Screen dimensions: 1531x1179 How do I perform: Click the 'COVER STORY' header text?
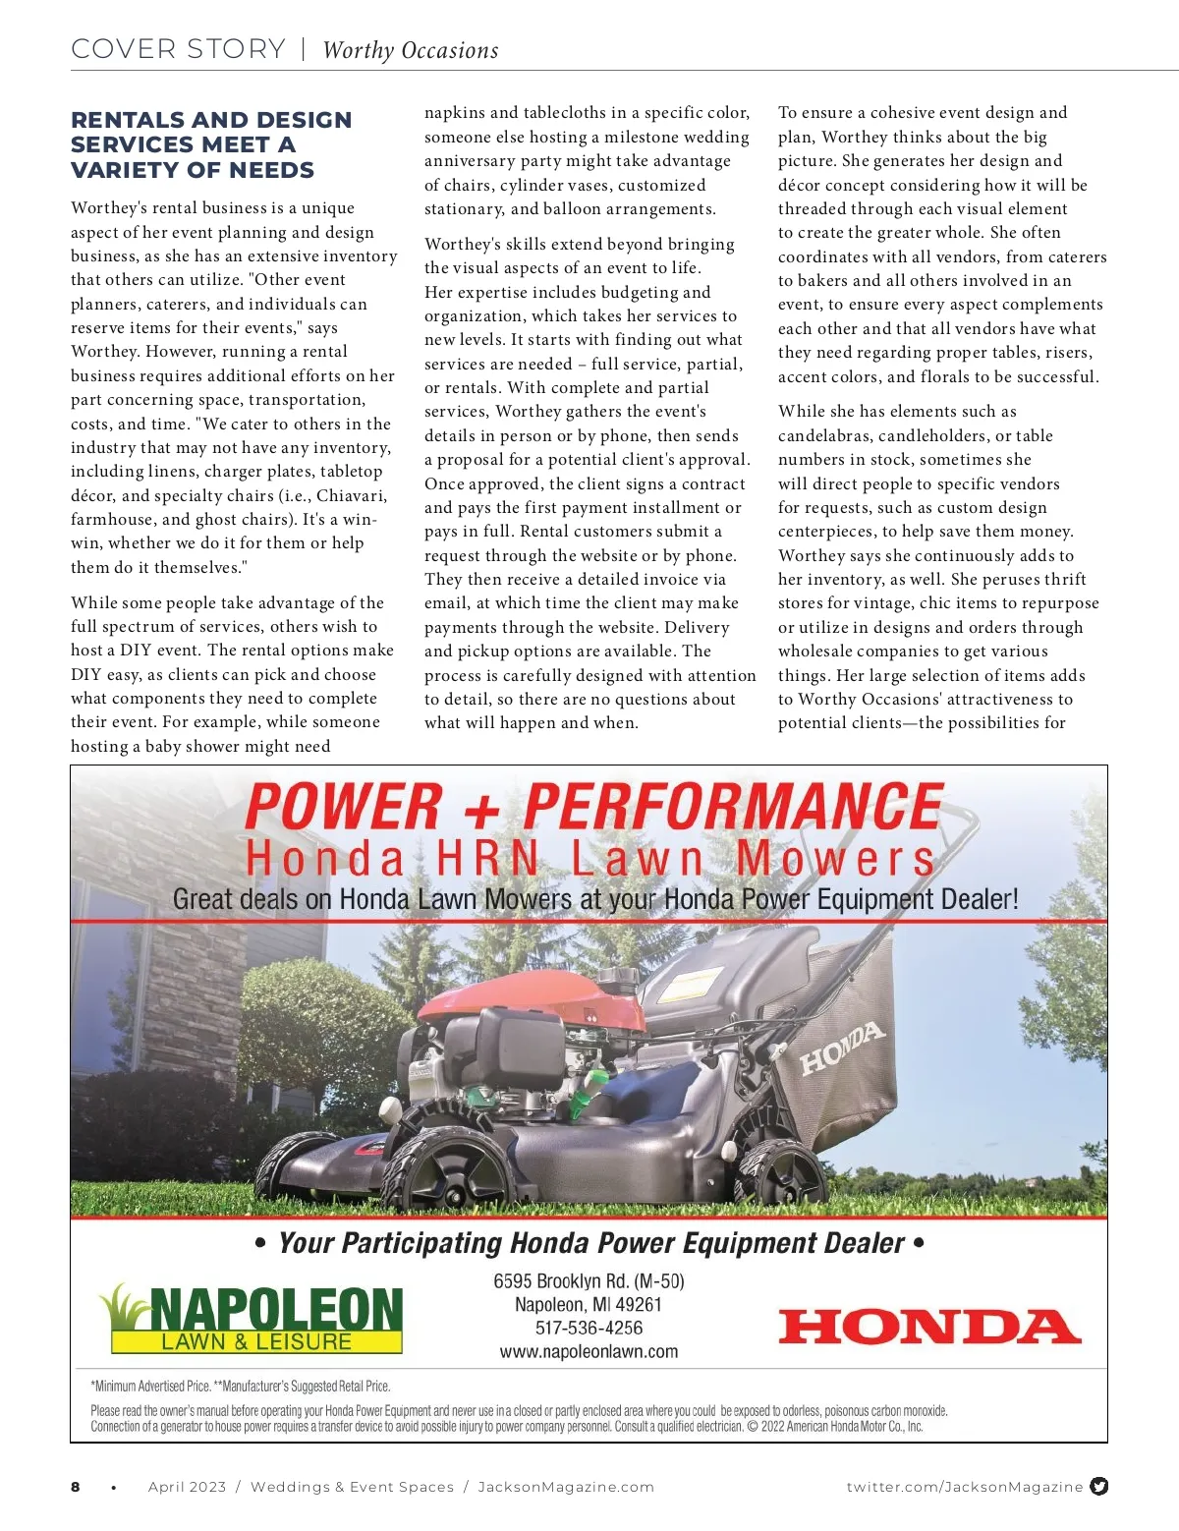pyautogui.click(x=178, y=49)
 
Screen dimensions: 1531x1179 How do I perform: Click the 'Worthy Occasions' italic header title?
pyautogui.click(x=411, y=50)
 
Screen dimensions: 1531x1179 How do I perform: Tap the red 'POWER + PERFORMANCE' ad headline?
pyautogui.click(x=593, y=807)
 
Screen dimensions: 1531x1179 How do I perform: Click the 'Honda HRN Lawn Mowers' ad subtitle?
pyautogui.click(x=589, y=859)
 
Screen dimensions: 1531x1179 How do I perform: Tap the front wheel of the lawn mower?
pyautogui.click(x=446, y=1169)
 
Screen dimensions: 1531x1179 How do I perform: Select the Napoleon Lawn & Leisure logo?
pyautogui.click(x=252, y=1320)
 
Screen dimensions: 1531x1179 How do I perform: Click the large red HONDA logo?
pyautogui.click(x=928, y=1327)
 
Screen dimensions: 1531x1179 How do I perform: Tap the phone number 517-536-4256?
pyautogui.click(x=589, y=1328)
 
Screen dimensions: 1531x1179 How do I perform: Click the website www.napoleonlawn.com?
pyautogui.click(x=589, y=1351)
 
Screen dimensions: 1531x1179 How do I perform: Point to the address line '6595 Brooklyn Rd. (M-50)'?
pyautogui.click(x=589, y=1281)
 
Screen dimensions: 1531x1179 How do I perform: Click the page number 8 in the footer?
pyautogui.click(x=76, y=1487)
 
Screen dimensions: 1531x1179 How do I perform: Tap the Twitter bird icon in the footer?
pyautogui.click(x=1099, y=1486)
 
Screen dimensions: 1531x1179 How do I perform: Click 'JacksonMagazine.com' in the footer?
pyautogui.click(x=566, y=1487)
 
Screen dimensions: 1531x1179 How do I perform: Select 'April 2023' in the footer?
pyautogui.click(x=187, y=1487)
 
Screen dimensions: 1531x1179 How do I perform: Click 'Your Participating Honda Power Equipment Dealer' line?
pyautogui.click(x=589, y=1243)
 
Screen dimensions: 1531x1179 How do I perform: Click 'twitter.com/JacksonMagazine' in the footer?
pyautogui.click(x=964, y=1487)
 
